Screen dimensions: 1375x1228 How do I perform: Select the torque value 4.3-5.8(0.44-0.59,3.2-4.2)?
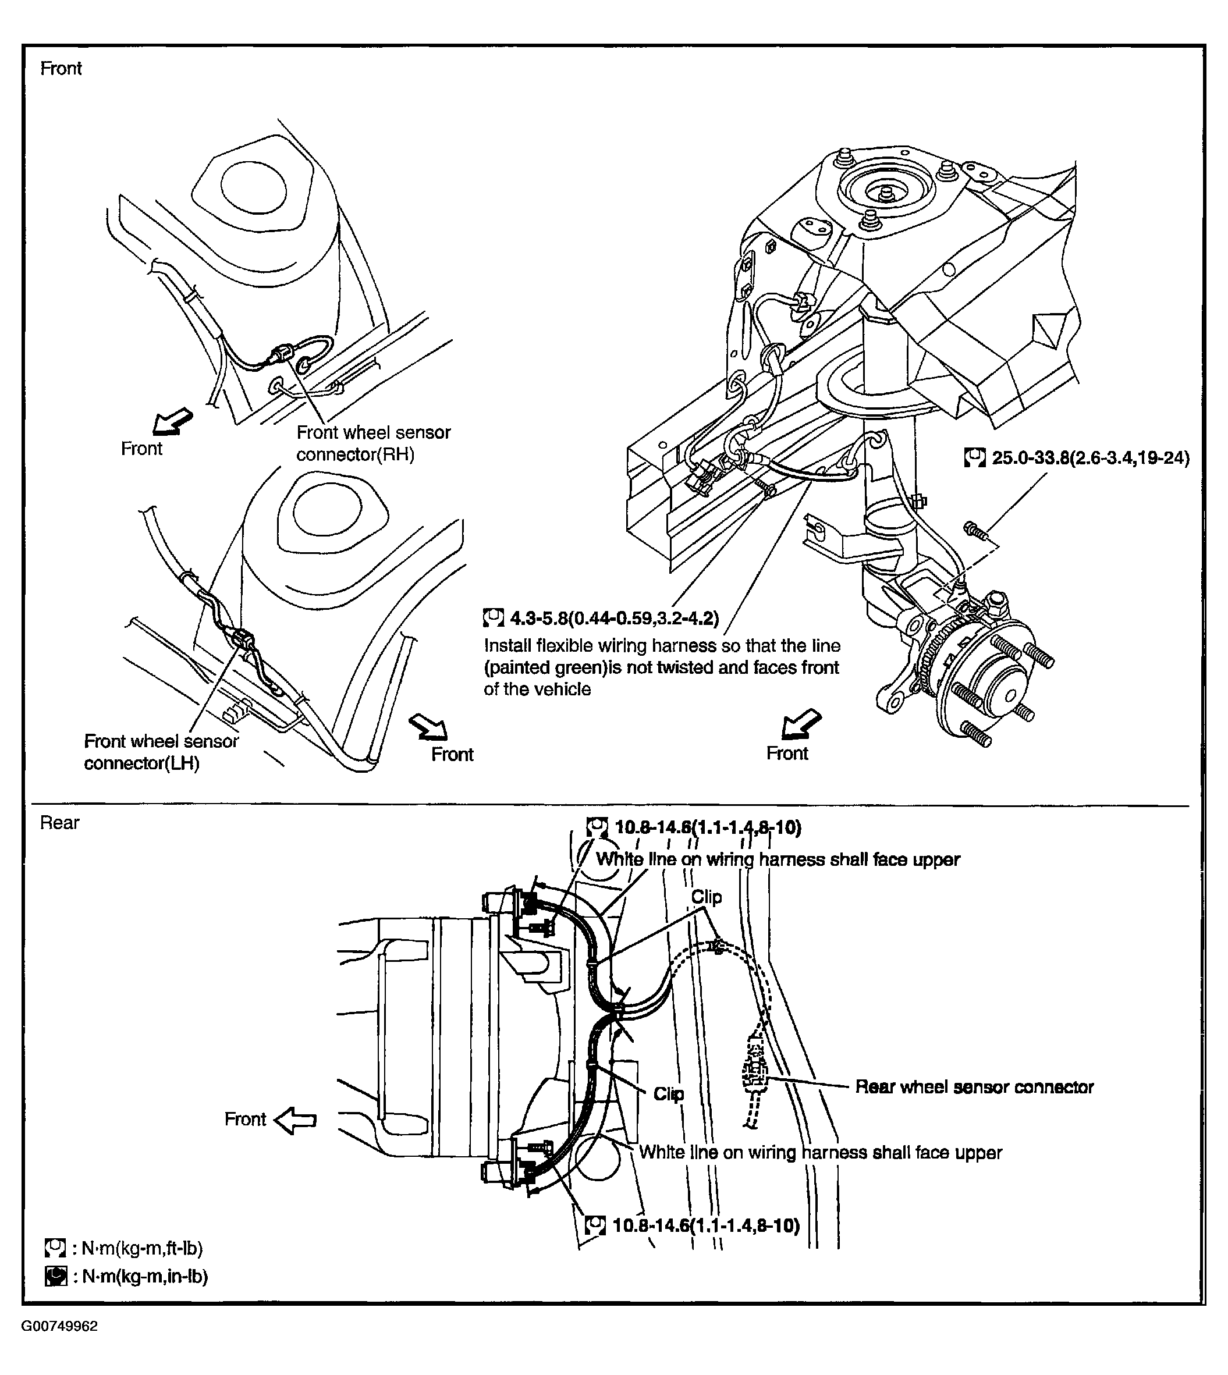(x=614, y=618)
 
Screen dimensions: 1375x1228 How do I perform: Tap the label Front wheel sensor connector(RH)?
(x=373, y=443)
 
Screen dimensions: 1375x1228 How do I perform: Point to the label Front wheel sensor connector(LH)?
(x=161, y=752)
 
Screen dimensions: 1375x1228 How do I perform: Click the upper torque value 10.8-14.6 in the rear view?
(x=708, y=827)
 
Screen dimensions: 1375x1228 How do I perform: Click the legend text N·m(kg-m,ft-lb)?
(x=141, y=1248)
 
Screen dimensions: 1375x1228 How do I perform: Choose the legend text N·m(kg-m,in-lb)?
(x=144, y=1277)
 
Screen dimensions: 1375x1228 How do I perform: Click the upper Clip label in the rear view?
(x=706, y=897)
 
